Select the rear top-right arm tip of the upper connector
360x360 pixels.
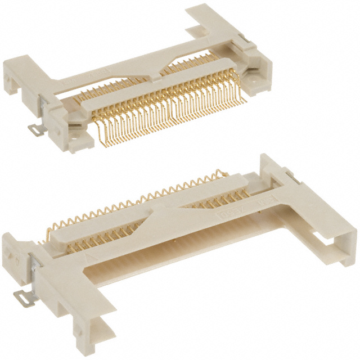point(213,14)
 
